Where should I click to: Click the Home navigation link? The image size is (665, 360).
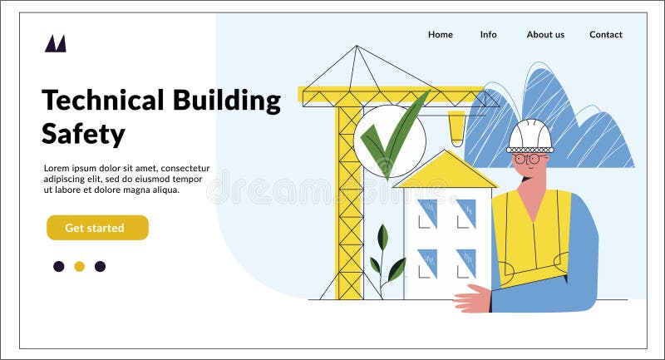tap(441, 35)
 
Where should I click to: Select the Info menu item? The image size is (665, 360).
tap(489, 35)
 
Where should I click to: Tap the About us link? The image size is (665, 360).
tap(545, 35)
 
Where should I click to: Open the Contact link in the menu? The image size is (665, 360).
tap(606, 35)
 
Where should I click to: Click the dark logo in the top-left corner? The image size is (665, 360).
tap(56, 43)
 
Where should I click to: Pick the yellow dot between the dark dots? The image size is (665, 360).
tap(79, 266)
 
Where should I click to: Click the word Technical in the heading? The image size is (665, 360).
tap(103, 101)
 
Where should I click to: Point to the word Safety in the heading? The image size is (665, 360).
tap(83, 134)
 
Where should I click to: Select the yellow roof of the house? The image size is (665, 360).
tap(446, 171)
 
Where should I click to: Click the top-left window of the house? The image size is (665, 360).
tap(426, 213)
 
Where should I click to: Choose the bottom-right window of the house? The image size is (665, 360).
tap(465, 262)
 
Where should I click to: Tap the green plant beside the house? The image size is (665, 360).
tap(385, 259)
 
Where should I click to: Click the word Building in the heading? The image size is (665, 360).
tap(226, 101)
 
